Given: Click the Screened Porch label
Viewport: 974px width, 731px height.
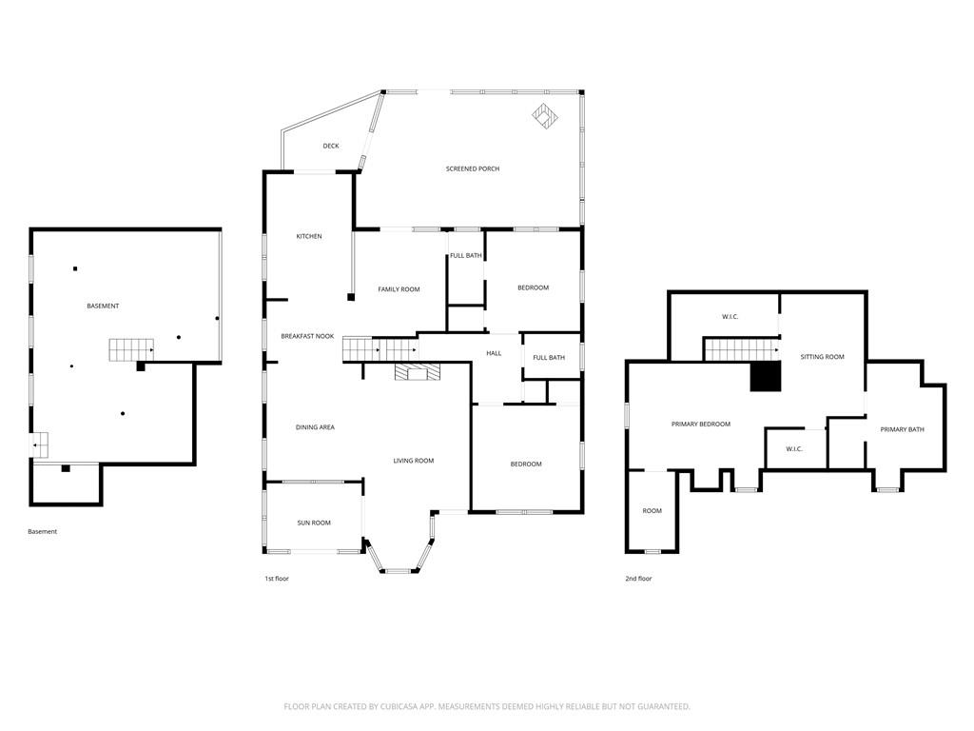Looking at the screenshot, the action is coord(472,168).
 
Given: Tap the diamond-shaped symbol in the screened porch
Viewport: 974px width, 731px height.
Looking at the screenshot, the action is coord(545,116).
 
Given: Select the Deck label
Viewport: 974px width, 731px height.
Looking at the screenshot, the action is coord(330,146).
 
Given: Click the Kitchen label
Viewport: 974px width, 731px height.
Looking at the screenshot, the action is coord(309,236).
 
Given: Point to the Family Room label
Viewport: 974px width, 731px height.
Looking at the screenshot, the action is coord(399,289).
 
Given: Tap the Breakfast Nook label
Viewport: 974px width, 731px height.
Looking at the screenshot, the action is coord(307,336).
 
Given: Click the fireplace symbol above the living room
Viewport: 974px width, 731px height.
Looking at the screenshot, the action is coord(418,371).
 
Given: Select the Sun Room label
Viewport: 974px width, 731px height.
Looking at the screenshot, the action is coord(314,523).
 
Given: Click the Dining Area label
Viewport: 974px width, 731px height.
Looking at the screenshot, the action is coord(315,427).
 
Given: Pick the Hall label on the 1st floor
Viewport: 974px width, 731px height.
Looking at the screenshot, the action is coord(494,353).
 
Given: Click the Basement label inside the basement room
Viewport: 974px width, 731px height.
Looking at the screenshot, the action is coord(103,306).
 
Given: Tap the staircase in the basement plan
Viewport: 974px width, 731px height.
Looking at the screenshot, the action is coord(131,350).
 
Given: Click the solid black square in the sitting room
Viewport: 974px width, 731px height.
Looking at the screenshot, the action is coord(766,377).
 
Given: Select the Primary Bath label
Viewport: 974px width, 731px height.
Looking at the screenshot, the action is coord(902,429).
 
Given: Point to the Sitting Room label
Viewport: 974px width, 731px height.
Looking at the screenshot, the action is coord(822,357).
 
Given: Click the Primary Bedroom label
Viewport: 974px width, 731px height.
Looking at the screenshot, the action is coord(701,424).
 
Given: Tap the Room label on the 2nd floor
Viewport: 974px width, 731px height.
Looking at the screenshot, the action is coord(652,511).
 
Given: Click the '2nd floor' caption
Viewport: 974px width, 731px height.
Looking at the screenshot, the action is coord(638,579).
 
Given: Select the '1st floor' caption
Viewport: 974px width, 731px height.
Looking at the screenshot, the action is coord(277,579).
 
